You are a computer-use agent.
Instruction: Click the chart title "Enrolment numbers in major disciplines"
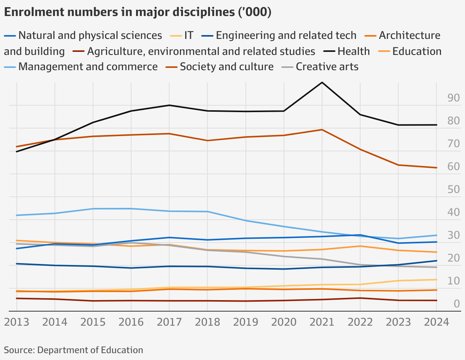tap(138, 12)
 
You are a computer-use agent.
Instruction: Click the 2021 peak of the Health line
tap(322, 82)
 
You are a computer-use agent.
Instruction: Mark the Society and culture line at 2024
tap(436, 168)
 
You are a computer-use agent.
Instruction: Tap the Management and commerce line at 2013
tap(17, 215)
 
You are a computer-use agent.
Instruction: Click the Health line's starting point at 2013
tap(17, 152)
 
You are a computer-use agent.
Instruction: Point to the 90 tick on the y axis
tap(453, 98)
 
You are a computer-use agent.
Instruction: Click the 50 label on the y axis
tap(453, 190)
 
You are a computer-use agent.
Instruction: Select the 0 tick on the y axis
tap(456, 304)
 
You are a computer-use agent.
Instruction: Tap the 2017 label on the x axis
tap(169, 322)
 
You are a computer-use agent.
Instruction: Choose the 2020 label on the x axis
tap(284, 322)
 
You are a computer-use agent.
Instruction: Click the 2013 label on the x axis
tap(17, 322)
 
